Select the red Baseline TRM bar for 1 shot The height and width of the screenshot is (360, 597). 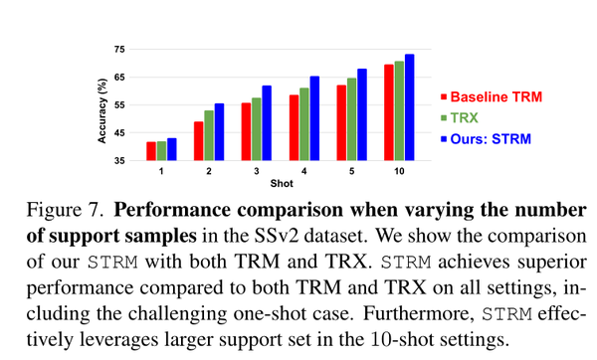click(151, 151)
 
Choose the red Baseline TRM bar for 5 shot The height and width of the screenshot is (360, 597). click(341, 123)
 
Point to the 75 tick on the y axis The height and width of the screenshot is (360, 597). click(119, 49)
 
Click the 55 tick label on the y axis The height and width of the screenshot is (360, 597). click(119, 104)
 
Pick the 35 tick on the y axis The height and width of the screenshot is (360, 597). click(119, 160)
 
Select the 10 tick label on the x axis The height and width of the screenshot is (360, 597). click(398, 171)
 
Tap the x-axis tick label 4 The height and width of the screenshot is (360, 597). click(303, 171)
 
